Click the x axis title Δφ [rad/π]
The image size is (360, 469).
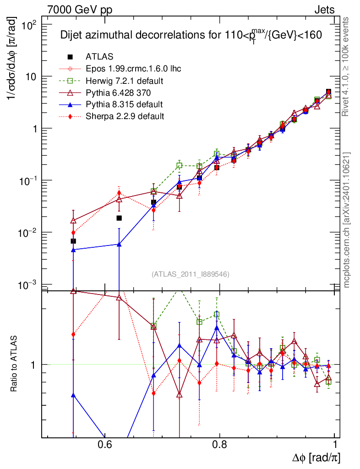point(316,458)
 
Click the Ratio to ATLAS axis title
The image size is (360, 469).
point(15,365)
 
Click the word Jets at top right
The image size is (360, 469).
point(324,10)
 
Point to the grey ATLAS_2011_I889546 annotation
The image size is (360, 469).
point(190,274)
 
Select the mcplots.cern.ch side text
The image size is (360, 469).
point(347,220)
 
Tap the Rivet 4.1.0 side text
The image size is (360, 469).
point(347,67)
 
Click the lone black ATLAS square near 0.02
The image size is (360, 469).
point(119,218)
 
